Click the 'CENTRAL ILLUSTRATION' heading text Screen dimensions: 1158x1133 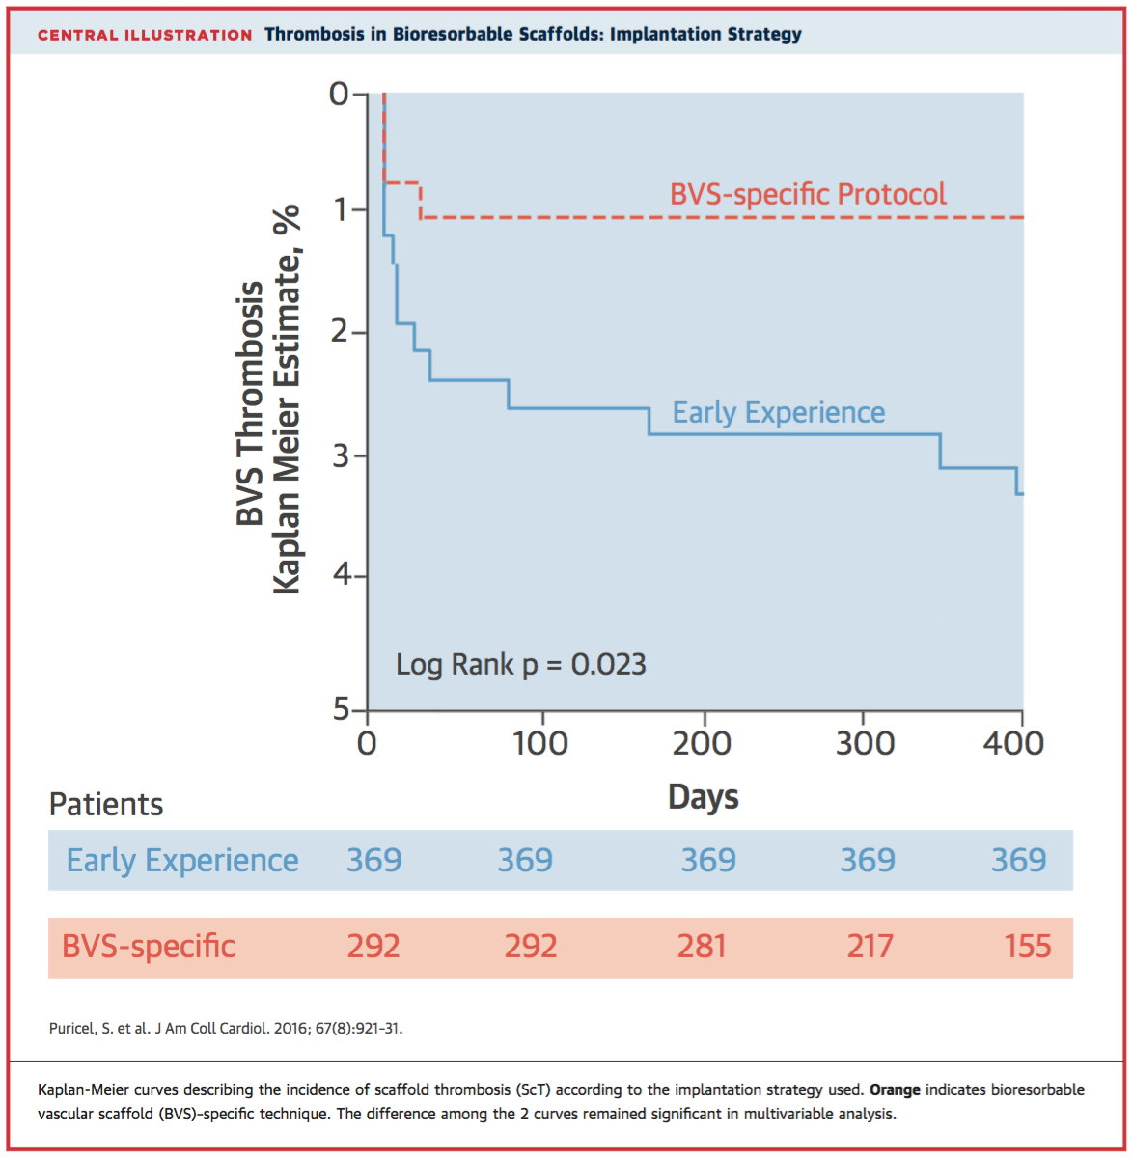(x=145, y=35)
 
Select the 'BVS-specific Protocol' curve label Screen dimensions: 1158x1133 (x=808, y=194)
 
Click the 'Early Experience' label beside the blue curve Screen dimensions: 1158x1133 (x=778, y=412)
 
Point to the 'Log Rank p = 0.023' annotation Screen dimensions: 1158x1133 (x=520, y=664)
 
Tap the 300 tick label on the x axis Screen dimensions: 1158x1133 (x=865, y=743)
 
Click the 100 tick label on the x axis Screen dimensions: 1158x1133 (x=540, y=743)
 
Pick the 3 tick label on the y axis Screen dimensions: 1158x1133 (x=342, y=455)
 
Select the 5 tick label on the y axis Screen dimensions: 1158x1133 (x=342, y=709)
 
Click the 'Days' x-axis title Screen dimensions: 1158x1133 (x=704, y=797)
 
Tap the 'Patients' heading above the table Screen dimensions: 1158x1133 (x=106, y=804)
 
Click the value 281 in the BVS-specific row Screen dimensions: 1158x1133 (x=702, y=946)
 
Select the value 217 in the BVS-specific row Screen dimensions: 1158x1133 (x=870, y=946)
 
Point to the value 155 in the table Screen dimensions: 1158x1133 (x=1027, y=946)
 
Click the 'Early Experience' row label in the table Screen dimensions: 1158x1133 (x=182, y=860)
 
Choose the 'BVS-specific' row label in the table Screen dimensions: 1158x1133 (x=149, y=946)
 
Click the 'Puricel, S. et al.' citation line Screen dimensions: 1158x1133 (x=225, y=1029)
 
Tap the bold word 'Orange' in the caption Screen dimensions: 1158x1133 (x=895, y=1089)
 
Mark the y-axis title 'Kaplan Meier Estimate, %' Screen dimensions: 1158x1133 (x=287, y=400)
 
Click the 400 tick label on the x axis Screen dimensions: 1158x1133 (x=1013, y=743)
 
